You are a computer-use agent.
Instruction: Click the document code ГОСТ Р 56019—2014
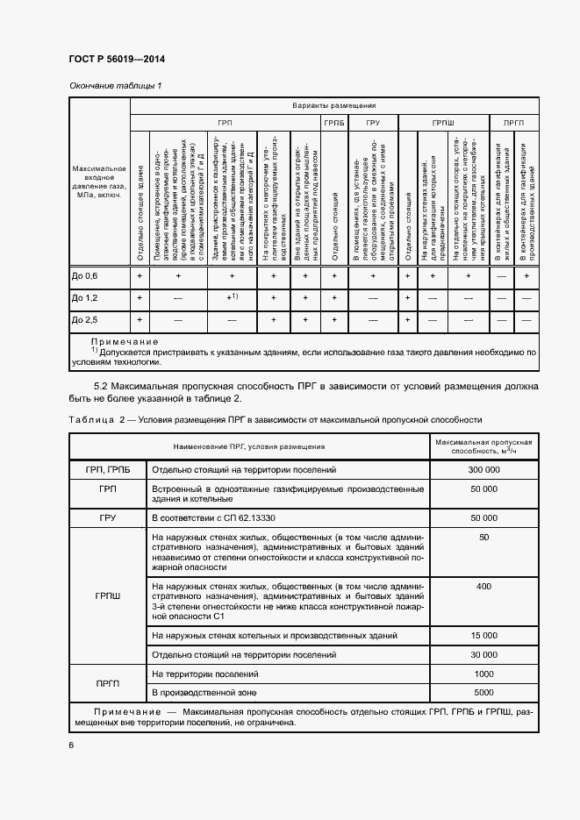tap(117, 60)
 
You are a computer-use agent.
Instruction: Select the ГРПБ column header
tap(335, 124)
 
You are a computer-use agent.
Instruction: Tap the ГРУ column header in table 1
tap(373, 124)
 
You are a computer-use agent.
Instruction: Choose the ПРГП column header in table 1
tap(513, 124)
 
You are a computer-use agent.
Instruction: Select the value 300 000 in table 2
tap(483, 470)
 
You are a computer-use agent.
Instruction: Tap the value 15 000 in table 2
tap(483, 634)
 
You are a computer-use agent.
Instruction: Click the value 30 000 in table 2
tap(483, 654)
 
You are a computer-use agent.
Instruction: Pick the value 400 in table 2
tap(483, 586)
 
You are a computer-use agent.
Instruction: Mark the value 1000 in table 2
tap(483, 674)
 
